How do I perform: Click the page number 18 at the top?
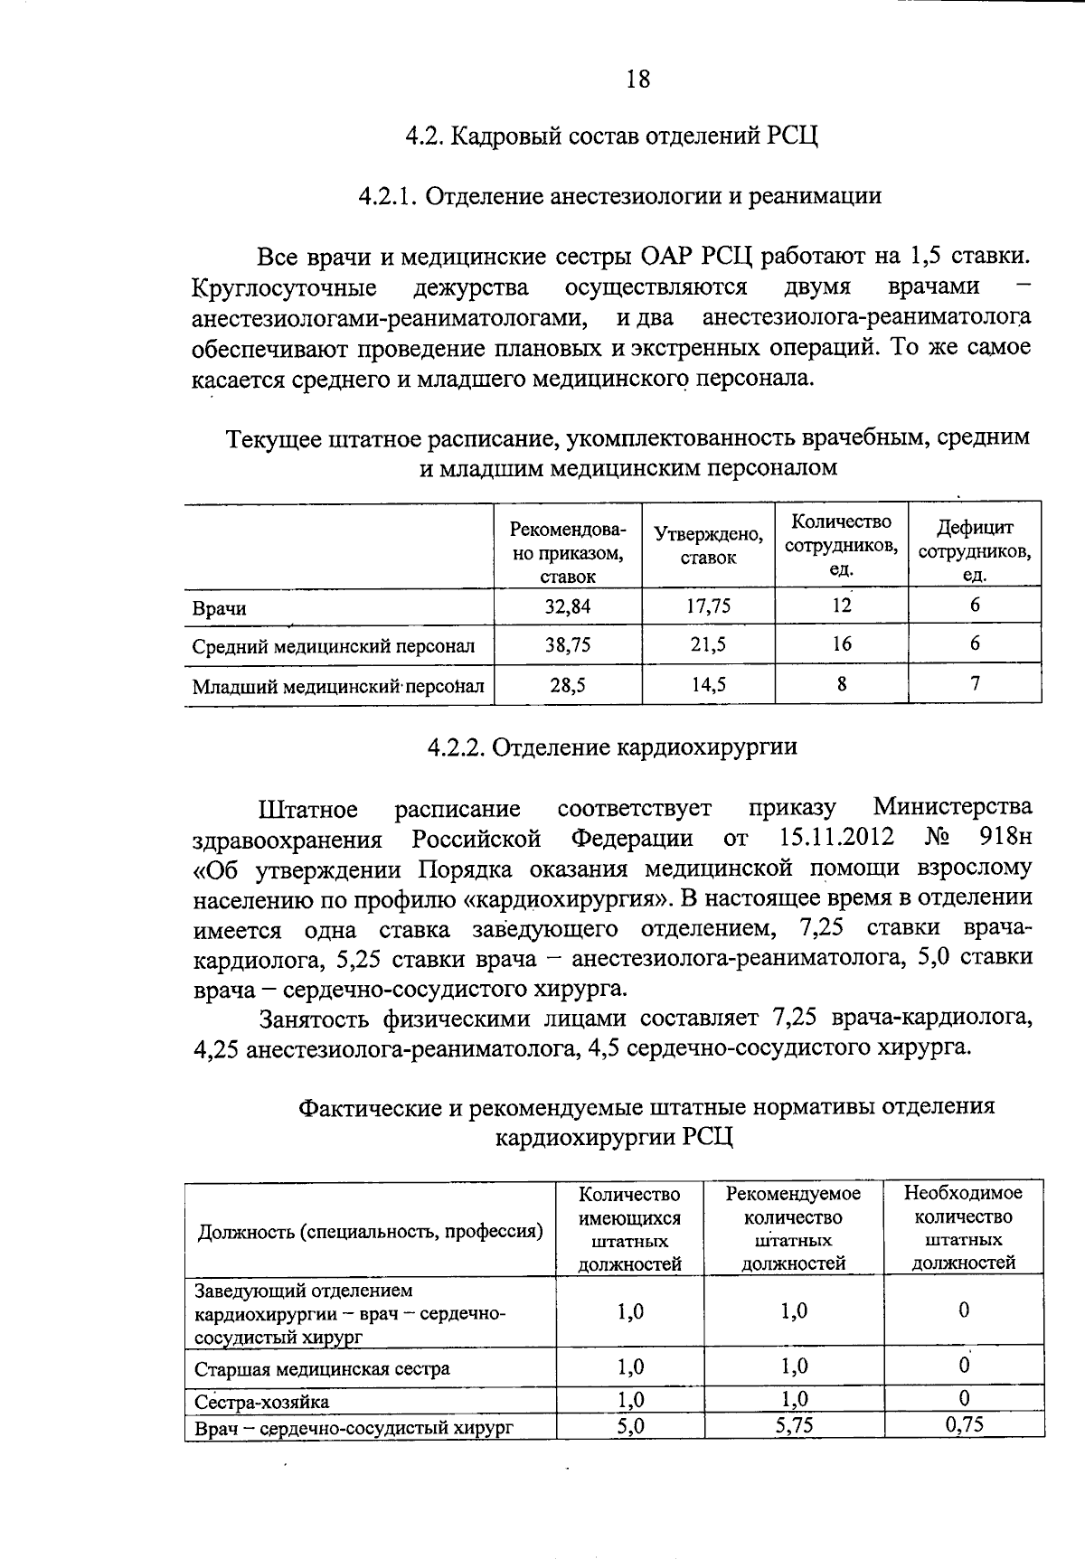(x=637, y=80)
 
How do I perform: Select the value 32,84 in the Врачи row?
(x=567, y=606)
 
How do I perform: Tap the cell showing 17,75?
(x=708, y=606)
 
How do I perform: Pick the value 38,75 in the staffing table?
(x=567, y=644)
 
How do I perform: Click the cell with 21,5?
(x=708, y=644)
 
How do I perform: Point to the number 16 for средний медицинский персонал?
(x=841, y=643)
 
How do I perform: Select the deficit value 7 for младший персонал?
(x=975, y=683)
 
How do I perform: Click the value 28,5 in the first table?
(x=567, y=685)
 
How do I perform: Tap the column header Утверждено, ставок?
(x=708, y=546)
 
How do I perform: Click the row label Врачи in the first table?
(x=219, y=608)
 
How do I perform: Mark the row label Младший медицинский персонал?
(x=338, y=687)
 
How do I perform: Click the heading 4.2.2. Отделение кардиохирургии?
(x=611, y=747)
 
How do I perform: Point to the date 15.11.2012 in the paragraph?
(x=836, y=837)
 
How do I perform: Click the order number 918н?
(x=1005, y=837)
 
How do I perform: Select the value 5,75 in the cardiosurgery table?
(x=793, y=1425)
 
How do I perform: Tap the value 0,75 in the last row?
(x=963, y=1424)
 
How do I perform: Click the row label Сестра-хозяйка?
(x=261, y=1402)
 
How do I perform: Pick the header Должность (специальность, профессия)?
(x=371, y=1231)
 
